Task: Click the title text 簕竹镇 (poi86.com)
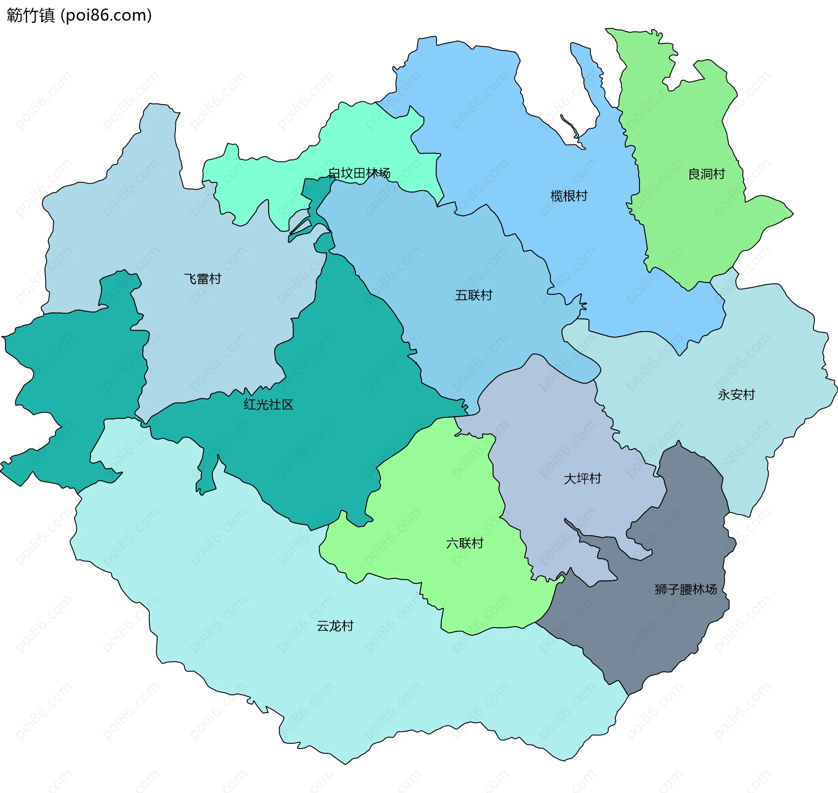click(x=79, y=16)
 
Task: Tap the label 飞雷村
click(x=203, y=279)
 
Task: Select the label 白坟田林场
click(x=359, y=173)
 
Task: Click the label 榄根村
click(x=569, y=196)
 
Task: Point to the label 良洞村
click(x=706, y=174)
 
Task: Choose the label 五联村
click(x=474, y=295)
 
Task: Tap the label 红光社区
click(x=268, y=404)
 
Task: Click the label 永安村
click(x=736, y=395)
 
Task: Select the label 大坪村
click(x=582, y=479)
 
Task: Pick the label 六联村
click(x=465, y=543)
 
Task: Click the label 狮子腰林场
click(x=685, y=589)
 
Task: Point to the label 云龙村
click(x=335, y=626)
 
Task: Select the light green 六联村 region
click(x=436, y=502)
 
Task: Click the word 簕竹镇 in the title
click(x=31, y=16)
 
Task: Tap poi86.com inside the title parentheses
click(x=106, y=16)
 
